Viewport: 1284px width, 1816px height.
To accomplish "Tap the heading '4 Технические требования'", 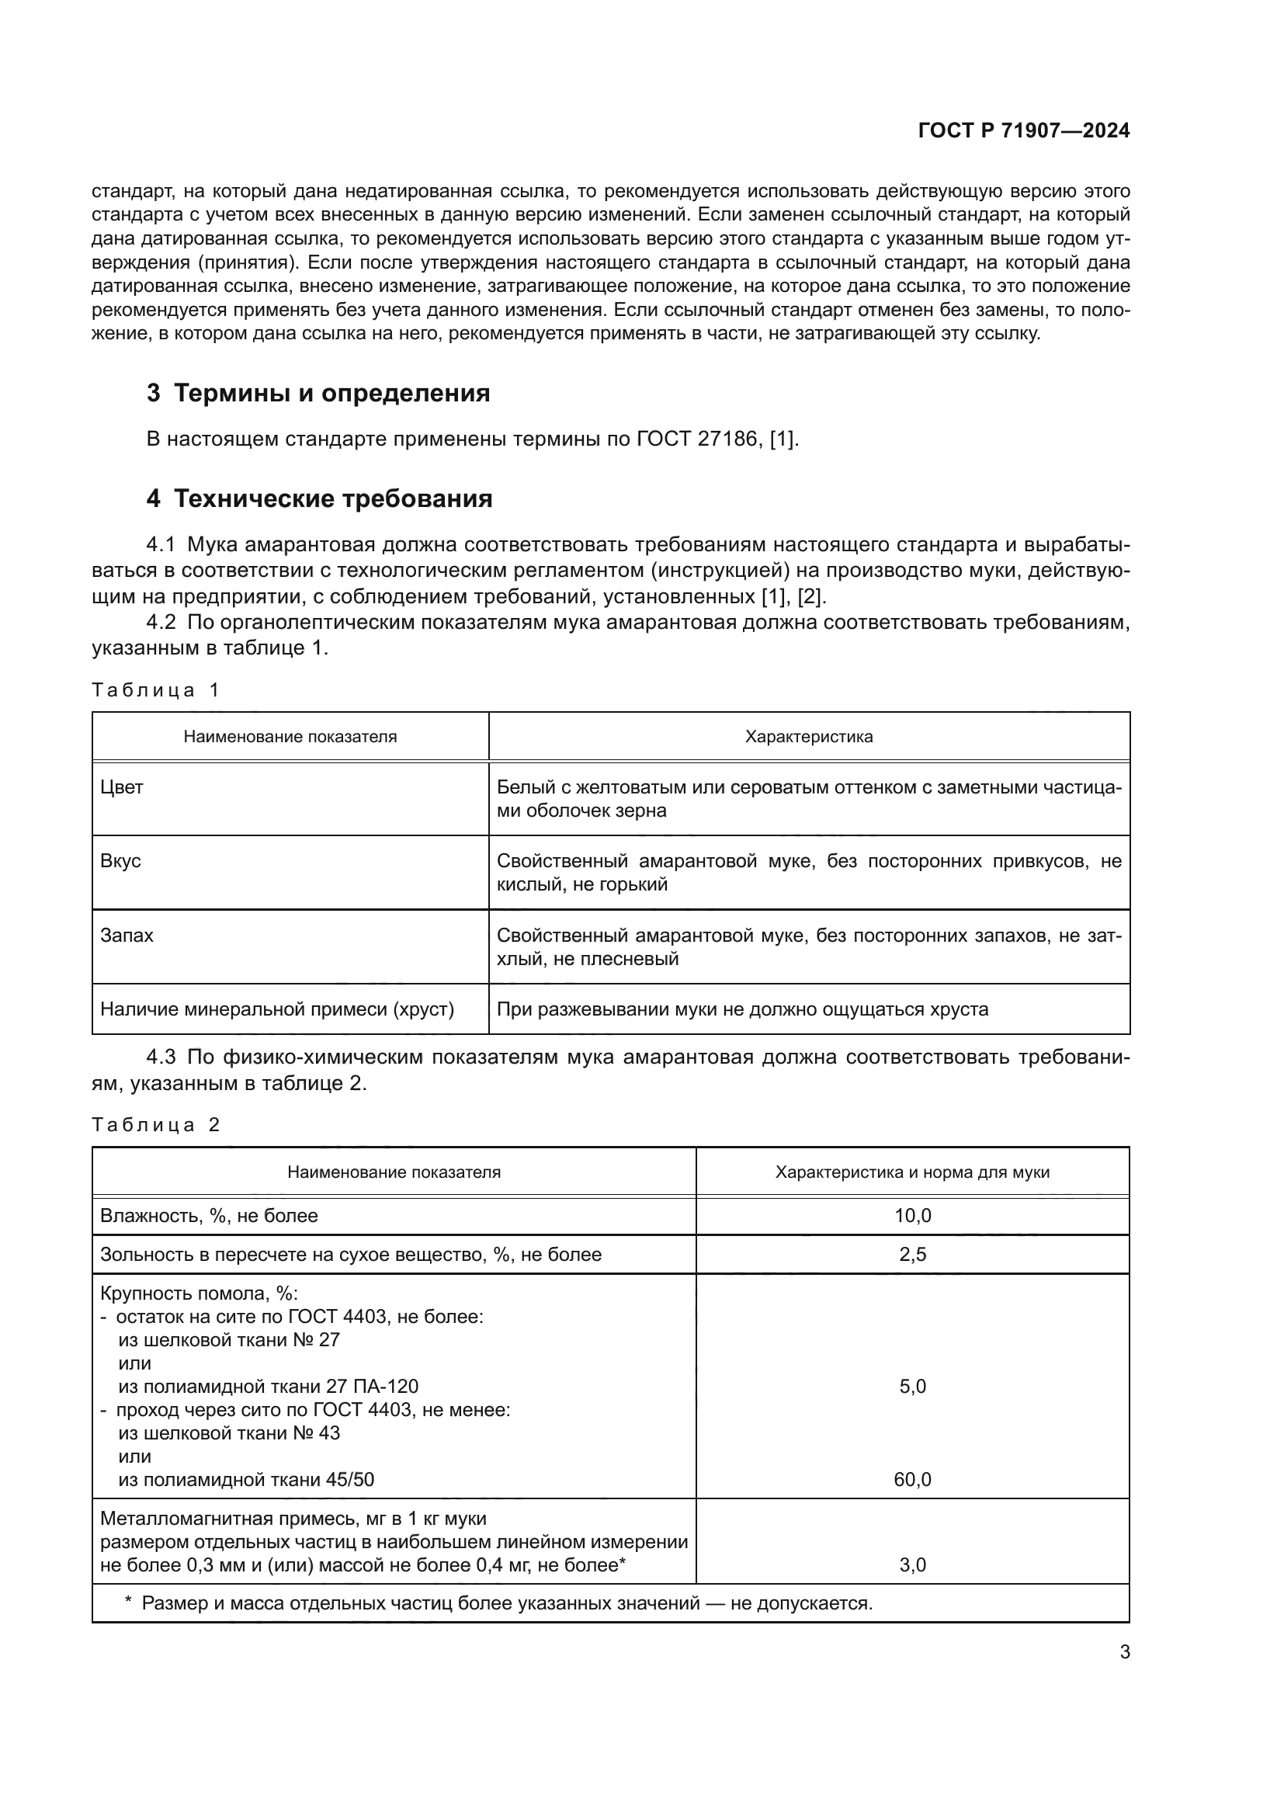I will coord(319,499).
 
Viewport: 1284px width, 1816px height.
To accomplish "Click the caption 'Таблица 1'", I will coord(155,690).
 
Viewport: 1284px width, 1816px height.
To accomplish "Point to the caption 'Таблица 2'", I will coord(155,1126).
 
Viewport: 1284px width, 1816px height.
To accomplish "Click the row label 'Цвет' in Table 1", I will coord(122,788).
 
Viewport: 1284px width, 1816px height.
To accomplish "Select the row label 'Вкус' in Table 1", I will coord(120,861).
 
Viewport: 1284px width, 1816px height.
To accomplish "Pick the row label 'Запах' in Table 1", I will coord(127,936).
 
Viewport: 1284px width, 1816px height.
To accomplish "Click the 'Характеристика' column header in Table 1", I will coord(808,737).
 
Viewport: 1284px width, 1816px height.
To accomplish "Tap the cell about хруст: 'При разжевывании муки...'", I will coord(741,1010).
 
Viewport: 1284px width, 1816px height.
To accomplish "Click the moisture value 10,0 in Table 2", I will coord(911,1217).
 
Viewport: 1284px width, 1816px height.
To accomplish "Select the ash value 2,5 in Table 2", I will coord(911,1255).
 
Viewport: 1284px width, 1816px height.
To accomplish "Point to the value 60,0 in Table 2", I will coord(911,1480).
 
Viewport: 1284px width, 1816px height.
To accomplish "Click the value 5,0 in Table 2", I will coord(911,1387).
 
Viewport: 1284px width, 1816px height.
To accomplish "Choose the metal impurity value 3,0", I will coord(911,1565).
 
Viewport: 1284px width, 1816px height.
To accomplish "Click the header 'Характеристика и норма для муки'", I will coord(911,1173).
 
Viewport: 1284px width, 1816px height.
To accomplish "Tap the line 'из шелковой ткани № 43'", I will coord(229,1433).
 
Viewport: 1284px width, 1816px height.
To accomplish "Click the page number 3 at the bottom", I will coord(1124,1652).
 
